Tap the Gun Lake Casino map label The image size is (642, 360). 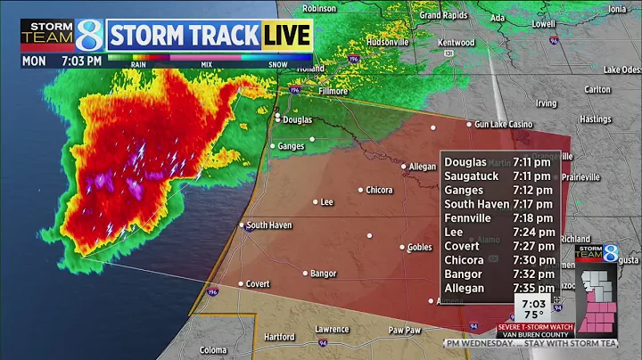504,124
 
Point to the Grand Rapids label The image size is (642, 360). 444,15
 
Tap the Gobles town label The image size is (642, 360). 419,247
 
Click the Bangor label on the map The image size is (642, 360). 325,273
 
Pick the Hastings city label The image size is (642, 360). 595,119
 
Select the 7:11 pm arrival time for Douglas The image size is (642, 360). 531,162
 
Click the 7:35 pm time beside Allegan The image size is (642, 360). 533,288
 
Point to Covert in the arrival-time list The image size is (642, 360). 463,245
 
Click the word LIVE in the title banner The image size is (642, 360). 286,35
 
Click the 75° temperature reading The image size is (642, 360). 534,314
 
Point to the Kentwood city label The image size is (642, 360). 457,42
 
